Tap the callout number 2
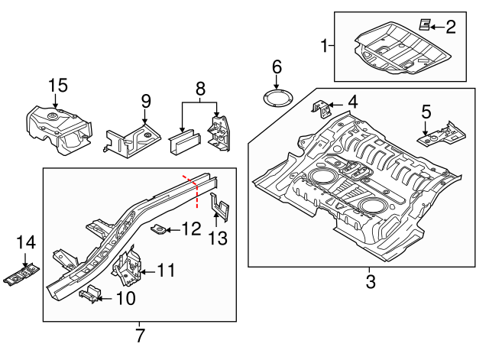450,28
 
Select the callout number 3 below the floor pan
371,281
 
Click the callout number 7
140,334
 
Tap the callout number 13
218,238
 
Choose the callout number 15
58,86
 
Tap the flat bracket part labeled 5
439,135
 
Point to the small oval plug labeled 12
160,229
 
